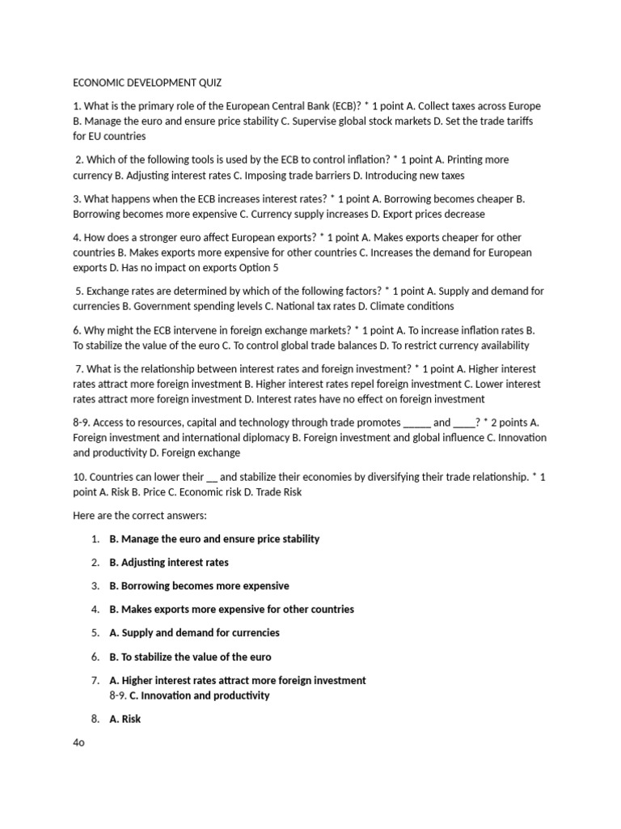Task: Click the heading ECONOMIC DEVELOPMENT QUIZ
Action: tap(147, 83)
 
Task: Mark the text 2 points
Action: tap(505, 423)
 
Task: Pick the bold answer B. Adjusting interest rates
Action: tap(169, 563)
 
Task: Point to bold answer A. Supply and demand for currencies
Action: tap(194, 633)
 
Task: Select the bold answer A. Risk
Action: tap(125, 719)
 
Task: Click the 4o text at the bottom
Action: tap(78, 743)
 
